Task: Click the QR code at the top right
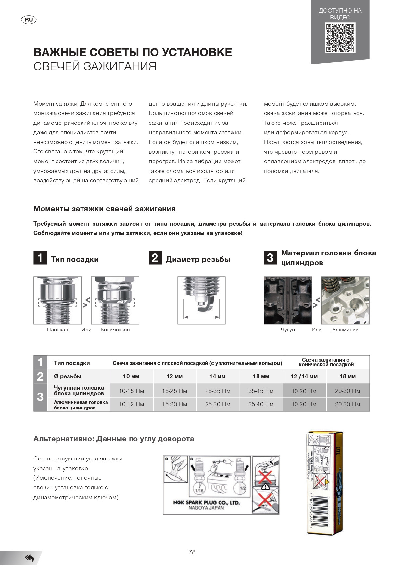point(340,38)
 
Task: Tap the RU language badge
point(29,20)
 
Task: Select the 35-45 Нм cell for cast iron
point(261,391)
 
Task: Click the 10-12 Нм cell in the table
point(131,404)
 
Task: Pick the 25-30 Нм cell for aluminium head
point(218,404)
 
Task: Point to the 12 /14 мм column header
point(304,376)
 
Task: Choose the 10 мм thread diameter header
point(131,376)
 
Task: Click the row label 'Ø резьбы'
point(67,376)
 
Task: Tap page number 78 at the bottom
point(192,552)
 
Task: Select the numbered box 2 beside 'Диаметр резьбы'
point(155,258)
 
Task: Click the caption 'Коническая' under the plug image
point(115,330)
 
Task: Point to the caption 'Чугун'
point(288,330)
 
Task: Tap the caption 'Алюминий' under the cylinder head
point(345,330)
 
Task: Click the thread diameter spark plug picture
point(201,300)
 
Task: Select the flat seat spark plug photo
point(57,300)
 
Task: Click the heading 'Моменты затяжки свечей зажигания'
point(105,209)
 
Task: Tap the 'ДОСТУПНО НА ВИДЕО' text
point(340,14)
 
